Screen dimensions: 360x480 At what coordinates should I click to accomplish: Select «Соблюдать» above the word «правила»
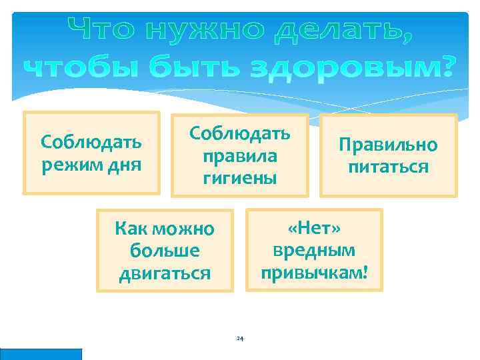click(239, 133)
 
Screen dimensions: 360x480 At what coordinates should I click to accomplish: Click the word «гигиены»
click(239, 178)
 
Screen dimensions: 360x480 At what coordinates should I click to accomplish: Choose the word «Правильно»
click(388, 145)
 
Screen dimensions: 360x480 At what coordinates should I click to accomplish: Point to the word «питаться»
click(388, 167)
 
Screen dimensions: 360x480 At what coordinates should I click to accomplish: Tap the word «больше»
click(165, 252)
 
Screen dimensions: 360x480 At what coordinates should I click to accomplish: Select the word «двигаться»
click(165, 274)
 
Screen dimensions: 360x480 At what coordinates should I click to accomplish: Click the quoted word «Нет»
click(314, 229)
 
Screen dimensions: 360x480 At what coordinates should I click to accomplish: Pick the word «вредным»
click(314, 251)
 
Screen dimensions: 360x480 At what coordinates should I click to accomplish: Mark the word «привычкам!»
click(314, 273)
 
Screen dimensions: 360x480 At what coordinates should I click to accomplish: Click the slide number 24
click(240, 339)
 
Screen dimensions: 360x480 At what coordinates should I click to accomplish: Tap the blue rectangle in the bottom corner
click(41, 354)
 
